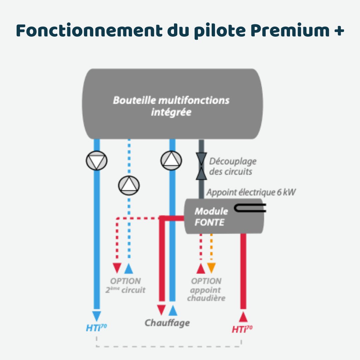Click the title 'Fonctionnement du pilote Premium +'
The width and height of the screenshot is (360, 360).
[x=180, y=31]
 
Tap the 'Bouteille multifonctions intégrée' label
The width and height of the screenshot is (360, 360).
[x=171, y=106]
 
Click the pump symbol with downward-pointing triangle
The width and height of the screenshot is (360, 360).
[x=96, y=161]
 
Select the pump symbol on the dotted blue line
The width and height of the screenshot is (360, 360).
[x=129, y=185]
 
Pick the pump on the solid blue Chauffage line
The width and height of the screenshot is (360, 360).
[x=171, y=160]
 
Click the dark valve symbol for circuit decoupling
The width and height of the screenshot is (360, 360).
[x=201, y=167]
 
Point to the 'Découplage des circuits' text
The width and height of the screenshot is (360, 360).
[x=233, y=166]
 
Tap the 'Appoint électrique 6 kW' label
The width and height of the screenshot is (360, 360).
[x=251, y=192]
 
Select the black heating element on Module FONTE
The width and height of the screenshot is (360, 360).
[x=250, y=208]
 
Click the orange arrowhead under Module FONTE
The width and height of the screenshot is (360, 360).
[x=211, y=268]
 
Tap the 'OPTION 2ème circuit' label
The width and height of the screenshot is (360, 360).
[x=125, y=286]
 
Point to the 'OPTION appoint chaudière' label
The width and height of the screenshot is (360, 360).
[x=206, y=289]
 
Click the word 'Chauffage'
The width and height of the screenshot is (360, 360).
[x=167, y=323]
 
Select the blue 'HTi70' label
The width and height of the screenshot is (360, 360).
[x=96, y=328]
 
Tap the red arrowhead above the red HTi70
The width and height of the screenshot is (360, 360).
[x=243, y=316]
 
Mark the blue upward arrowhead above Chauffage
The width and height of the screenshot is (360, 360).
[x=173, y=311]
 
